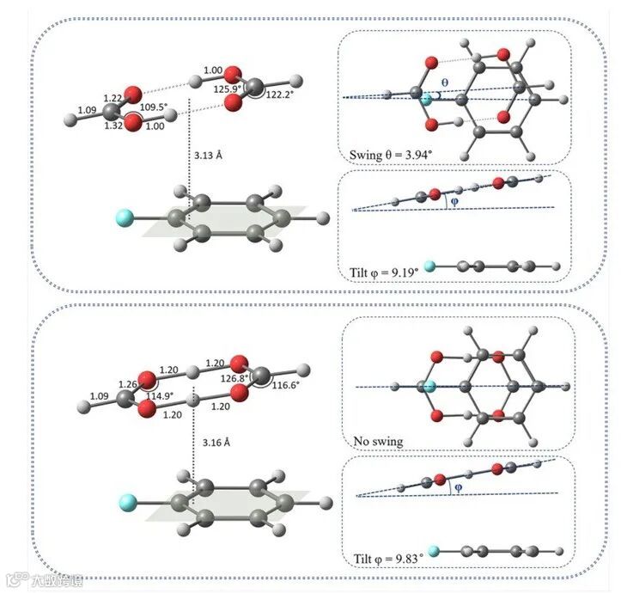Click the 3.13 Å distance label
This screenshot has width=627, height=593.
tap(208, 156)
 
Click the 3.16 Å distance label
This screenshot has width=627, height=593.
tap(216, 442)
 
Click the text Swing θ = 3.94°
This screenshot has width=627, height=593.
tap(394, 156)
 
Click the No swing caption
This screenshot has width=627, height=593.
tap(378, 442)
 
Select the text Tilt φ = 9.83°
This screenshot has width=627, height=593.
tap(387, 559)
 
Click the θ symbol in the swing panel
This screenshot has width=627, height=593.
tap(443, 83)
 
